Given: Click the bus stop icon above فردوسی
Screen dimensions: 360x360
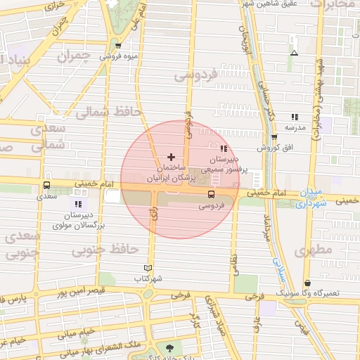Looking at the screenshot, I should click(211, 194).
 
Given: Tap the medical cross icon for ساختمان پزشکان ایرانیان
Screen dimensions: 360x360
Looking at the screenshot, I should click(172, 156).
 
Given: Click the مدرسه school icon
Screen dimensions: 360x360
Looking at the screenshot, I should click(293, 117).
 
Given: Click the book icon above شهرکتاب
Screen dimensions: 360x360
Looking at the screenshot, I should click(147, 268).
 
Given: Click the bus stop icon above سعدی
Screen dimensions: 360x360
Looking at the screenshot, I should click(46, 186).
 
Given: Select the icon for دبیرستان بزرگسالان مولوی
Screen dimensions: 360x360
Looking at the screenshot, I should click(78, 204).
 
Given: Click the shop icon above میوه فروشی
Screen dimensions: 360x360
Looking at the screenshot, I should click(117, 46).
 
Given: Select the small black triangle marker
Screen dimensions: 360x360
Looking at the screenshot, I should click(294, 53).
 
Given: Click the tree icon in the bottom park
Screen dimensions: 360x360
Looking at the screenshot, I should click(169, 347).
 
